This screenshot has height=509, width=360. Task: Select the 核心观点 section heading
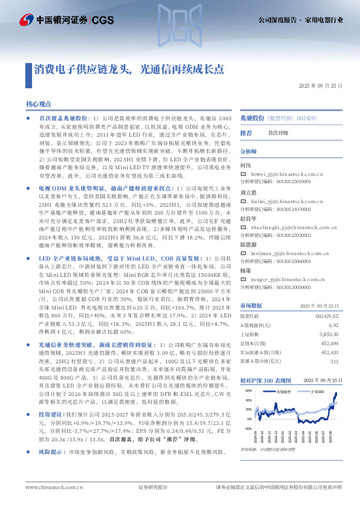[x=38, y=105]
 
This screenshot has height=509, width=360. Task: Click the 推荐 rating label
[x=246, y=132]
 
